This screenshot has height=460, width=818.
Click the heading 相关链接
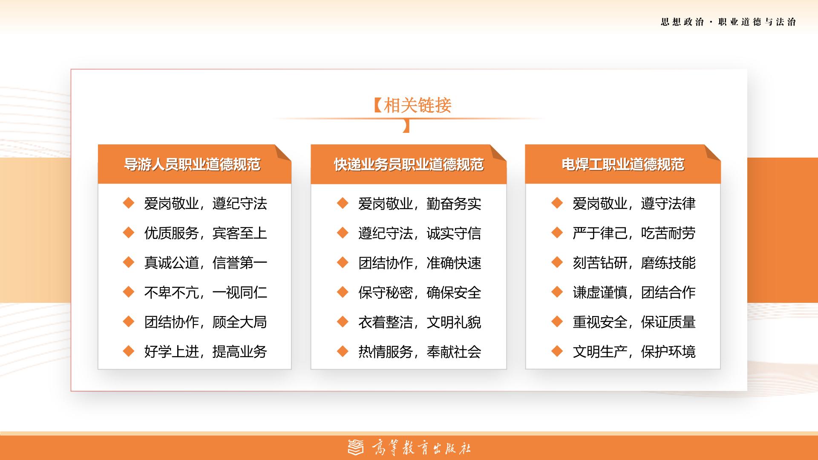(x=418, y=105)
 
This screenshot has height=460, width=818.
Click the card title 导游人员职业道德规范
(x=192, y=164)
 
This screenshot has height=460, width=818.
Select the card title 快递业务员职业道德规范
(x=409, y=164)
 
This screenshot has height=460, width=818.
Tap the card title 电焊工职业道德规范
(x=623, y=164)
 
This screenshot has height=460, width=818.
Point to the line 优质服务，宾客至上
(x=206, y=233)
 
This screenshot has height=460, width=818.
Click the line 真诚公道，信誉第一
(x=206, y=262)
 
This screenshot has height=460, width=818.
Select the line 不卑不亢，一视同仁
(x=206, y=292)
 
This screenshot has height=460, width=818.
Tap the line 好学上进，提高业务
(x=206, y=351)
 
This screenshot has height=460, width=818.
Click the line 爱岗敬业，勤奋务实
(x=420, y=204)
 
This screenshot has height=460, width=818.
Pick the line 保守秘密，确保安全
(x=420, y=292)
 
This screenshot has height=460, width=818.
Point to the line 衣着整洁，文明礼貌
(x=420, y=322)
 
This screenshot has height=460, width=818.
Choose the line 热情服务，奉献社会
(x=420, y=351)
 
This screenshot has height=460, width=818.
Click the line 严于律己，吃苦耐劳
(x=634, y=233)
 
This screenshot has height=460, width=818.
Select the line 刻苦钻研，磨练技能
(x=634, y=262)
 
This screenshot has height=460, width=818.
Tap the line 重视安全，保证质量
(x=634, y=322)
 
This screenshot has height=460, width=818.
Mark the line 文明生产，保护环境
(x=634, y=351)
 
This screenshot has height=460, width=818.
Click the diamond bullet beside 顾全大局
(x=129, y=321)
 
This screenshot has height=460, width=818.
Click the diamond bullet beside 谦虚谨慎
(x=557, y=292)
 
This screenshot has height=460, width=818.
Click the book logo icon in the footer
(x=356, y=447)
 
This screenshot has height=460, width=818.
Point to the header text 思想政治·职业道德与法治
(x=729, y=22)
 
